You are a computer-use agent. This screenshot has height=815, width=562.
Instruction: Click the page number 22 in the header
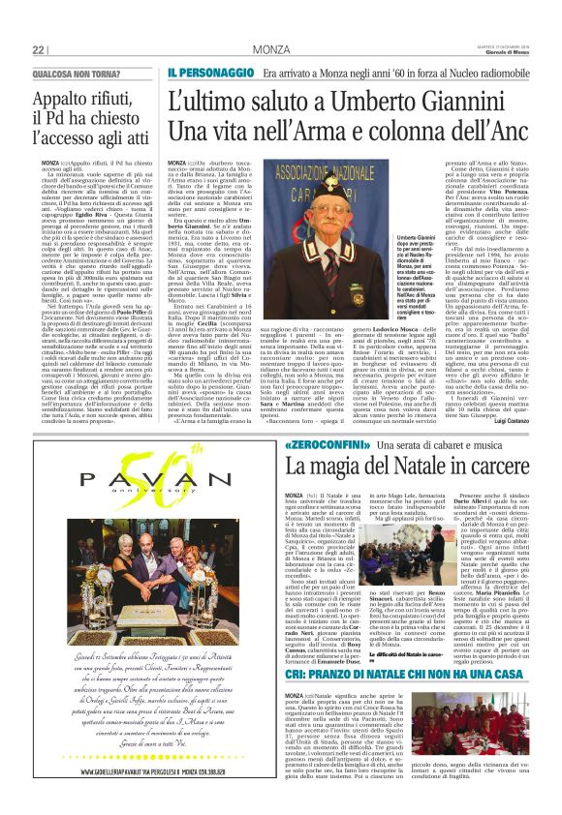pos(39,49)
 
